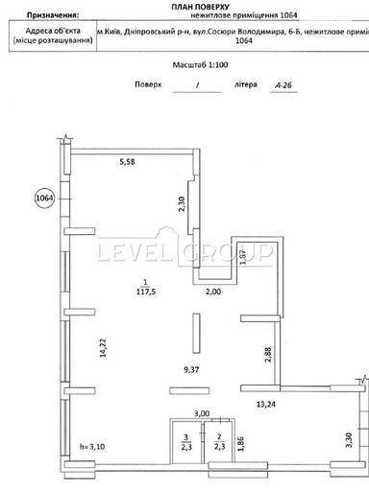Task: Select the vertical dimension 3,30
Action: click(x=348, y=443)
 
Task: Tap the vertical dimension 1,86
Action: click(x=239, y=443)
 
